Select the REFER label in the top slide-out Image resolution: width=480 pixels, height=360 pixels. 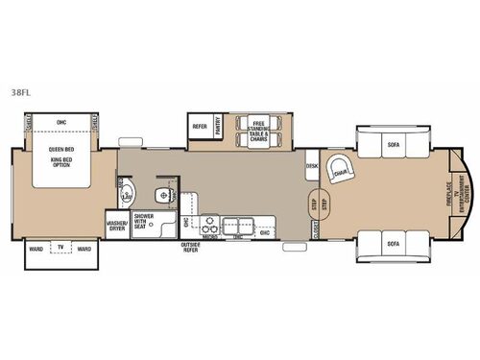coord(201,125)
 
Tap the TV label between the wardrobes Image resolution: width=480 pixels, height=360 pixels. coord(60,248)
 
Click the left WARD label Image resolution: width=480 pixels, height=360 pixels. coord(36,248)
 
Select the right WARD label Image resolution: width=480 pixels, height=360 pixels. coord(84,248)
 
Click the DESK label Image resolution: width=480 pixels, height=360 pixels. coord(312,165)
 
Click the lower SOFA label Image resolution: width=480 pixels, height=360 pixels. coord(393,244)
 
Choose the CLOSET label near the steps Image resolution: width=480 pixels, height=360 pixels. coord(314,228)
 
